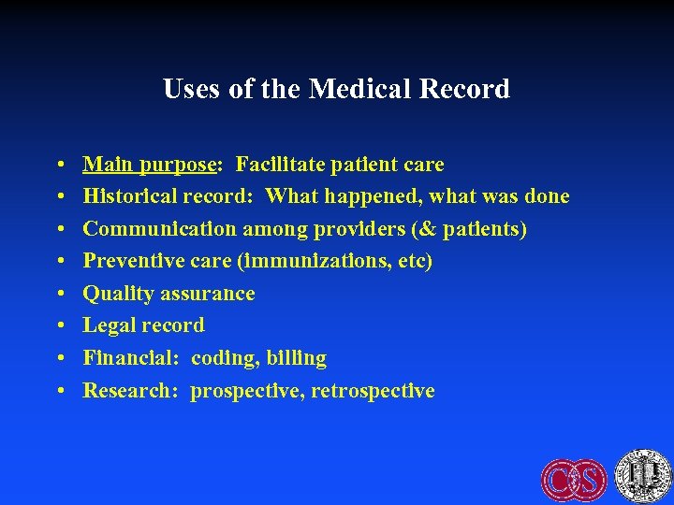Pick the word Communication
[160, 229]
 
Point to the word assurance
[208, 294]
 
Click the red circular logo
[574, 478]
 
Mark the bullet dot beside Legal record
[58, 326]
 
